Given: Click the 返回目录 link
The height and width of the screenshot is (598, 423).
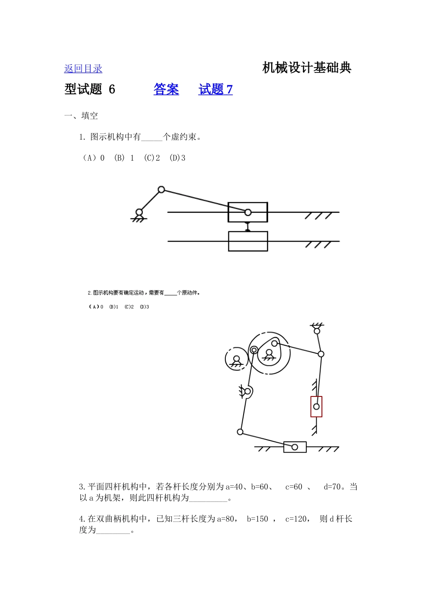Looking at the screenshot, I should coord(83,69).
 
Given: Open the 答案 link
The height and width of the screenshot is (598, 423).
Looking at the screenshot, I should coord(166,89).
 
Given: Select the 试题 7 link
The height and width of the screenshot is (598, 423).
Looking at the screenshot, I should coord(216,89).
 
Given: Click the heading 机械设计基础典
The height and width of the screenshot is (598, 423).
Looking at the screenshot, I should coord(307,68).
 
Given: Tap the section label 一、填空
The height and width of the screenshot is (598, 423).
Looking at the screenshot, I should coord(81,116).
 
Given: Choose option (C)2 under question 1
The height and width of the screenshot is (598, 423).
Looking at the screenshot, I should coord(152,158).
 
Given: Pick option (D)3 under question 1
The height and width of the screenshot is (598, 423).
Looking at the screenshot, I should coord(177,158).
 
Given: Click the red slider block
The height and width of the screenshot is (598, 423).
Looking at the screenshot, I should coord(316,406).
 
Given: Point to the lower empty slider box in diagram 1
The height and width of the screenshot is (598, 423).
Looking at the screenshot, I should coord(248,241).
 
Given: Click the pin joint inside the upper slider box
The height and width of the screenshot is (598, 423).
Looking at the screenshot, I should coord(248,212).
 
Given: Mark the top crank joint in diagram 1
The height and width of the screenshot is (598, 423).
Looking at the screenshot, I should coord(161,190).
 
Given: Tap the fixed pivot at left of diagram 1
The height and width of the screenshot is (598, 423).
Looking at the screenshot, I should coord(139,212).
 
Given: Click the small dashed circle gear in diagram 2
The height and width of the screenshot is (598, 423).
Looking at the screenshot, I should coord(236,359).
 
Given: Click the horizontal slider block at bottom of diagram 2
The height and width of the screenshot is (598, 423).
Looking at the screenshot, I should coord(295,447).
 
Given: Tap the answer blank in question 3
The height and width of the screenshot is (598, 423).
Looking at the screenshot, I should coord(208,498).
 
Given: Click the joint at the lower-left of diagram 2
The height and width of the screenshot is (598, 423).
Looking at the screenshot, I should coord(240,432).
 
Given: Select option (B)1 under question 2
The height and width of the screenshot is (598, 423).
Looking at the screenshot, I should coord(114,307).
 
